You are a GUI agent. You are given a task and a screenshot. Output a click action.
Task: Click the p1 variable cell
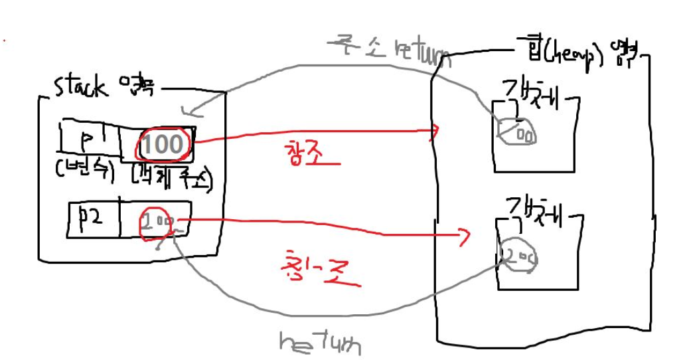pos(89,138)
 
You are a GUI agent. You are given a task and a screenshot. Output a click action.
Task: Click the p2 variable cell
pos(93,218)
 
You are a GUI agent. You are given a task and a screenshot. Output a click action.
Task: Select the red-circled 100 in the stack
pos(163,143)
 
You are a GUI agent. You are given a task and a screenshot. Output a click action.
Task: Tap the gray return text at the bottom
pos(321,342)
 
